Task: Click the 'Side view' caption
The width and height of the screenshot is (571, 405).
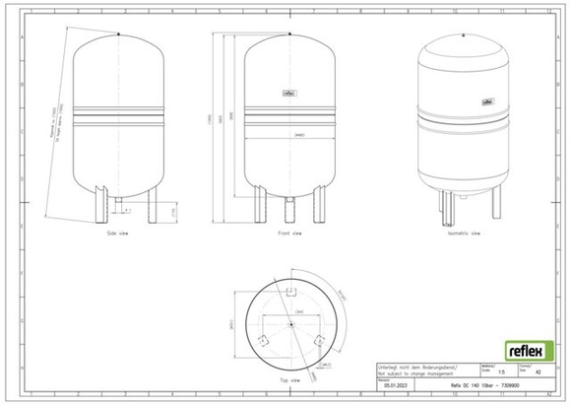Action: pyautogui.click(x=117, y=236)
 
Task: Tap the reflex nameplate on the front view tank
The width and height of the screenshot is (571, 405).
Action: pyautogui.click(x=288, y=95)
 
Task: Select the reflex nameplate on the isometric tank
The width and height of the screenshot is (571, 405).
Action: pyautogui.click(x=485, y=101)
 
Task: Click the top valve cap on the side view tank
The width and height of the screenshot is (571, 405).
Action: pyautogui.click(x=118, y=33)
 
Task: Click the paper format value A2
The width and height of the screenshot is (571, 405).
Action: pyautogui.click(x=535, y=373)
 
